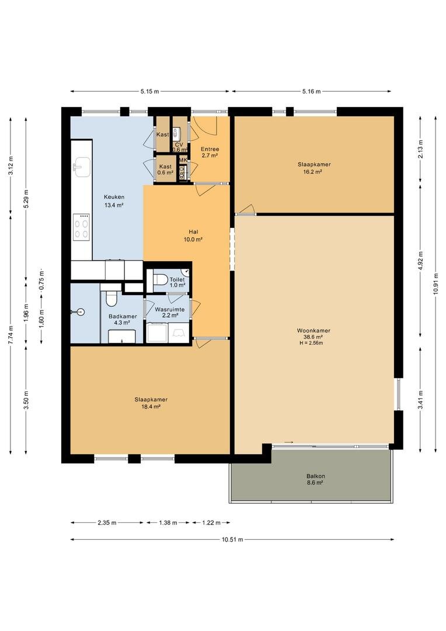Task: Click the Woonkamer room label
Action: pyautogui.click(x=313, y=330)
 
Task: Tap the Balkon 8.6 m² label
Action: pyautogui.click(x=315, y=479)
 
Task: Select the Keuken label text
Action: pyautogui.click(x=114, y=197)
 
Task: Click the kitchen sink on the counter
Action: pyautogui.click(x=83, y=167)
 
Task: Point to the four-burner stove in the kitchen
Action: pyautogui.click(x=81, y=228)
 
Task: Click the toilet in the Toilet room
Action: pyautogui.click(x=160, y=279)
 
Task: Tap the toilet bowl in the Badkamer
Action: pyautogui.click(x=110, y=299)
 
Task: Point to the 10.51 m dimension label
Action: pyautogui.click(x=232, y=540)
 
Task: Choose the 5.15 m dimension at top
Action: pyautogui.click(x=149, y=91)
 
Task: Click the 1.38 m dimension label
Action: pyautogui.click(x=168, y=523)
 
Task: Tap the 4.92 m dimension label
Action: pyautogui.click(x=420, y=262)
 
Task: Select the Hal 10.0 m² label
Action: pyautogui.click(x=193, y=235)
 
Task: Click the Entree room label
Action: pyautogui.click(x=210, y=149)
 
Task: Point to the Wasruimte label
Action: pyautogui.click(x=170, y=310)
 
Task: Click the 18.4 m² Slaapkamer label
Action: pyautogui.click(x=151, y=403)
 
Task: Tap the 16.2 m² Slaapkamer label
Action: pyautogui.click(x=314, y=168)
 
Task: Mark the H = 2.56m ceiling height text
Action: pyautogui.click(x=311, y=344)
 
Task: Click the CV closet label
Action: pyautogui.click(x=179, y=144)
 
